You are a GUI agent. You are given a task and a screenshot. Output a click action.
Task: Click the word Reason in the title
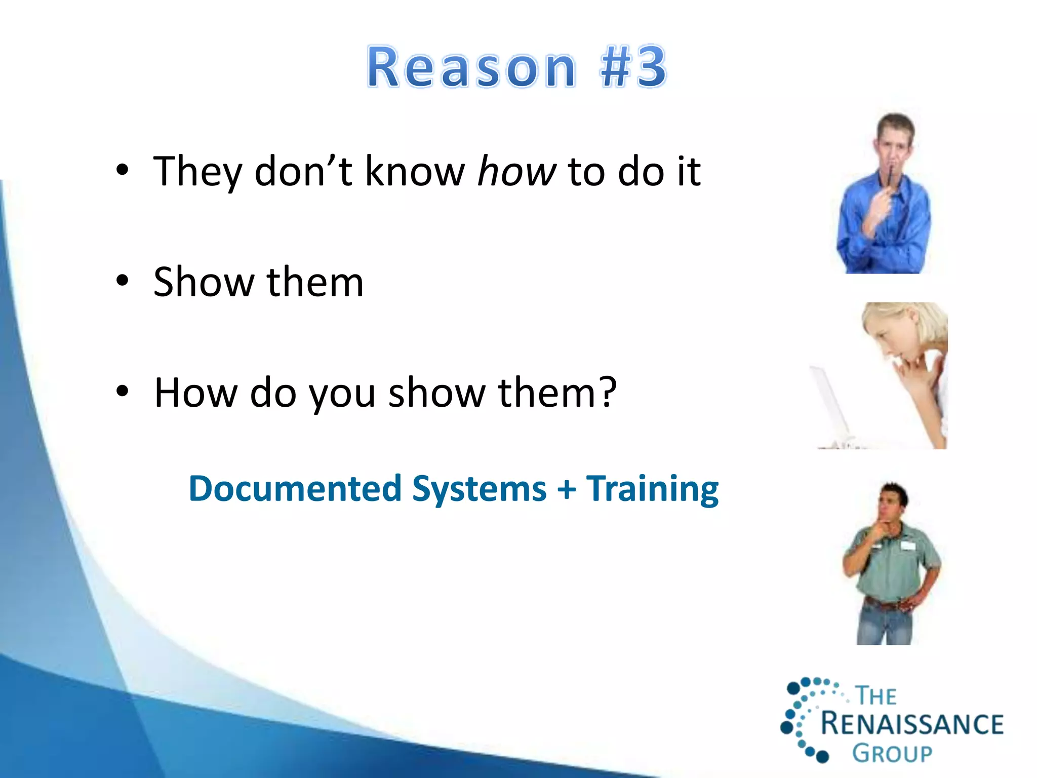471,67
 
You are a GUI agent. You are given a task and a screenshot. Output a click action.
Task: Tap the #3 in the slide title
633,67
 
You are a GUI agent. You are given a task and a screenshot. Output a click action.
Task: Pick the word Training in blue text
652,489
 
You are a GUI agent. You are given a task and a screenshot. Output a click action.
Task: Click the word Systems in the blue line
479,489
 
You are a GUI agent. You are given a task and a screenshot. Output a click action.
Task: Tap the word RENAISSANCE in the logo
911,724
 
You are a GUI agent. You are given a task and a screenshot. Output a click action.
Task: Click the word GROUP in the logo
892,754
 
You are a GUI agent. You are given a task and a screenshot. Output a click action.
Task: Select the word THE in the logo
876,696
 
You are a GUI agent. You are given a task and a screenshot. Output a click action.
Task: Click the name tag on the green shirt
909,546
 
